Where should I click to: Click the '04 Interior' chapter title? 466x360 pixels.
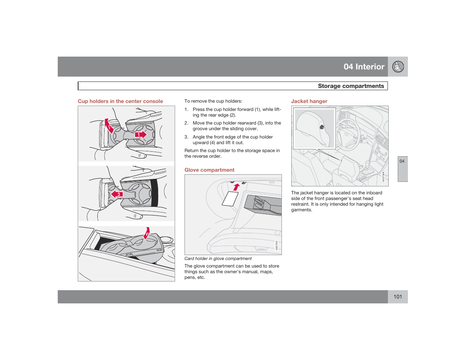click(364, 67)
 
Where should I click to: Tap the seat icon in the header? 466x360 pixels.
click(398, 67)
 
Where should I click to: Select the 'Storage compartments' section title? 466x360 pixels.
click(351, 86)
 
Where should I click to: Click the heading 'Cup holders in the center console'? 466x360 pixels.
click(120, 101)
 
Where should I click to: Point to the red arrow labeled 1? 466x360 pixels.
click(141, 135)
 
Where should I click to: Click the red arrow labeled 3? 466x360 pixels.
click(117, 194)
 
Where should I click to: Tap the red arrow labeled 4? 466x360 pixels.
click(147, 233)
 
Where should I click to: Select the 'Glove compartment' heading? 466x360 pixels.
click(209, 170)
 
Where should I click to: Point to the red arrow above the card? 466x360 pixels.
click(237, 187)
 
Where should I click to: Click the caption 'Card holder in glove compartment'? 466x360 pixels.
click(218, 258)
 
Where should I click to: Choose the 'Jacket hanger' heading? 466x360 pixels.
click(309, 101)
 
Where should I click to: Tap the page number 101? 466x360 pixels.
click(398, 297)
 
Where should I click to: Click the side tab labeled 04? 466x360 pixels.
click(402, 162)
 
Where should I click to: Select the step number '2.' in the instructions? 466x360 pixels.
click(186, 123)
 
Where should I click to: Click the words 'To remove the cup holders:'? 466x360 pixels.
click(213, 101)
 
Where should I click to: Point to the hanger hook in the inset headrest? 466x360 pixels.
click(322, 127)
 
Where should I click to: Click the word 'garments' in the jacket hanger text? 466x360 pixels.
click(301, 210)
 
